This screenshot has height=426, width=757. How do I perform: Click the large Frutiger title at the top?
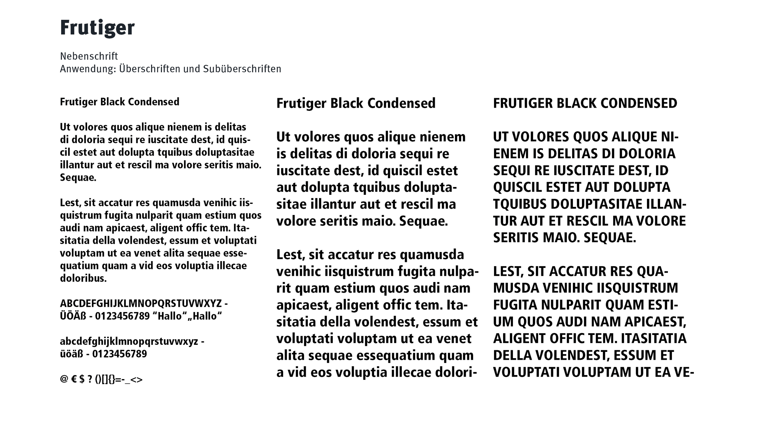(x=97, y=28)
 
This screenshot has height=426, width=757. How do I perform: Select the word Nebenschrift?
(x=89, y=56)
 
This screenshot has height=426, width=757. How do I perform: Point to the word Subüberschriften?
(x=242, y=69)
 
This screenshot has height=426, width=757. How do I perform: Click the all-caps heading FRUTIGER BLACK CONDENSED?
(x=585, y=103)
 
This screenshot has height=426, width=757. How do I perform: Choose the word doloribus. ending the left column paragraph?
(x=83, y=278)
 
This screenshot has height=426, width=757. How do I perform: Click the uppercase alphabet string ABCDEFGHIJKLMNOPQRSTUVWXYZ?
(x=141, y=304)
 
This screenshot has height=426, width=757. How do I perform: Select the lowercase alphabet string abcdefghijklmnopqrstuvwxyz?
(x=129, y=341)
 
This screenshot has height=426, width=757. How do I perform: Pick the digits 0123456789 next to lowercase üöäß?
(x=119, y=354)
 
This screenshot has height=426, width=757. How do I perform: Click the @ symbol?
(x=64, y=379)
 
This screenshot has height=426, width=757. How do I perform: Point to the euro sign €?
(x=74, y=379)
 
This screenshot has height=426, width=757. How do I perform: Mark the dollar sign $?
(x=82, y=379)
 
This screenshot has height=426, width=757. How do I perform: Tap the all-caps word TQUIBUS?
(x=519, y=204)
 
